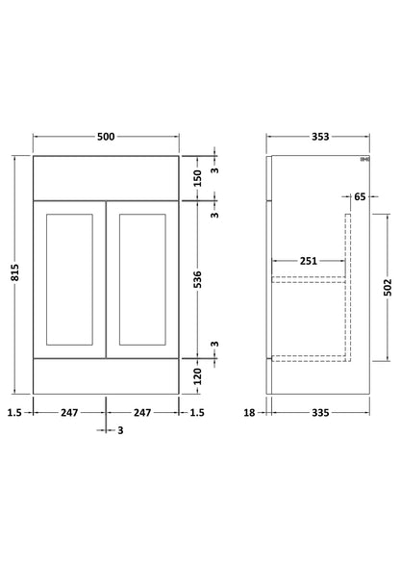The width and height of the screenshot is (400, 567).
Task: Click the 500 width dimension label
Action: point(106,137)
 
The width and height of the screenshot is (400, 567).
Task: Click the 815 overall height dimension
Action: point(14,272)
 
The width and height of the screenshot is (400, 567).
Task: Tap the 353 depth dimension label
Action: point(320,137)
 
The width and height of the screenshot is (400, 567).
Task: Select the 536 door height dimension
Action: point(197,279)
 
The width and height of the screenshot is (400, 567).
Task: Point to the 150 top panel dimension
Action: point(197,178)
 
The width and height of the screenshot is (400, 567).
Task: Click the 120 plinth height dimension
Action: point(197,376)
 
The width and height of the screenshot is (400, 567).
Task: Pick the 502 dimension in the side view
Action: point(387,288)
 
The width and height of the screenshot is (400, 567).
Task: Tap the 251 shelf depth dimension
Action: point(309,261)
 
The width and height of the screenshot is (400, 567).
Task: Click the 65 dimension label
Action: point(360,196)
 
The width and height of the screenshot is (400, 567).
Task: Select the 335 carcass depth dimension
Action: point(320,413)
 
